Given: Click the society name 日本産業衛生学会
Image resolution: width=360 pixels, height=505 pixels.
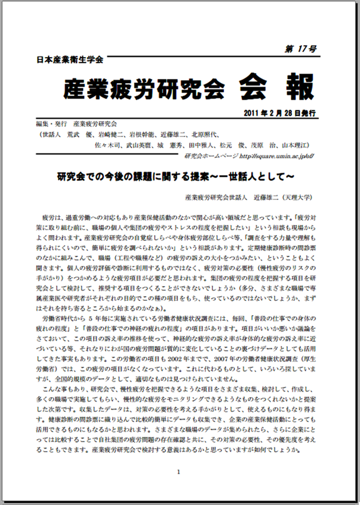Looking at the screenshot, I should point(69,60).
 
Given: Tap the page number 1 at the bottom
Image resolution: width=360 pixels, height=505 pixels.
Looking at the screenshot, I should point(179,472).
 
